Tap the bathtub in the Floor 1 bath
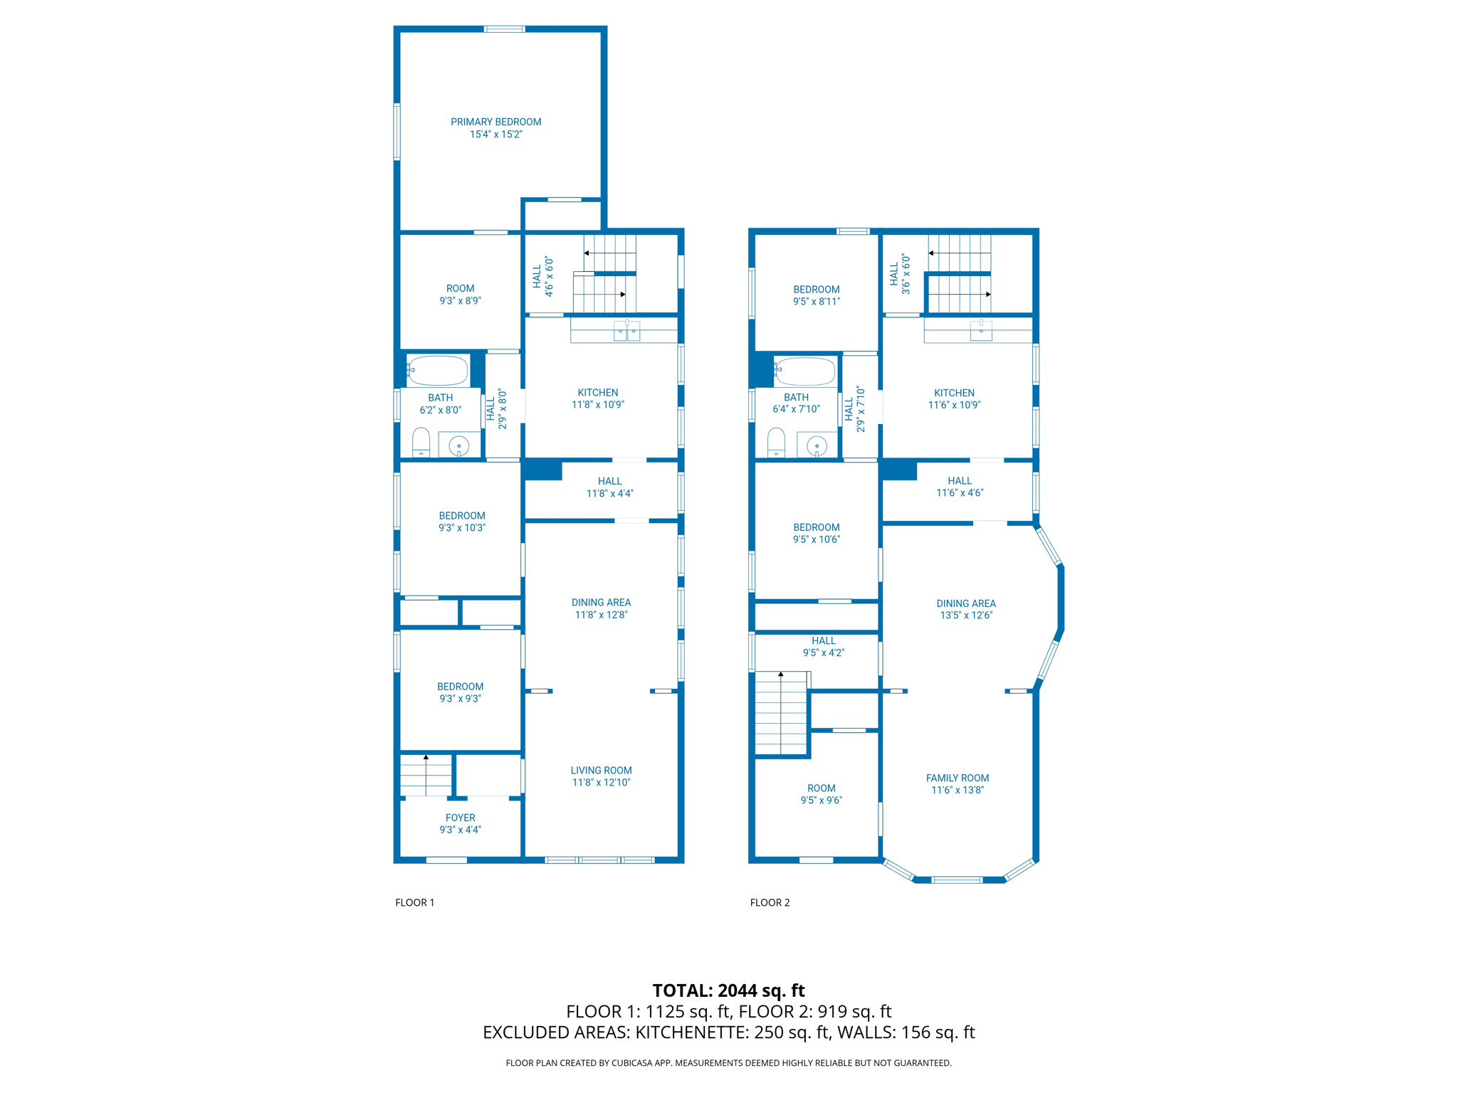coord(438,371)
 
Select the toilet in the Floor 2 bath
coord(776,443)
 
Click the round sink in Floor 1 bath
coord(459,446)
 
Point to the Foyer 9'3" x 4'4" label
coord(460,823)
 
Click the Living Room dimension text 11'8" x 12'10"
coord(601,782)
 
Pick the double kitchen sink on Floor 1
coord(626,331)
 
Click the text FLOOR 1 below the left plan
coord(414,902)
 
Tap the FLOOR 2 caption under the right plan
coord(770,902)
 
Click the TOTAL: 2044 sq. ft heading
coord(728,990)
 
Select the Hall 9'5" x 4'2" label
coord(823,646)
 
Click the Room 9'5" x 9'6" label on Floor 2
coord(821,793)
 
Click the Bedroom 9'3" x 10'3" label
coord(461,522)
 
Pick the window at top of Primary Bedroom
coord(504,29)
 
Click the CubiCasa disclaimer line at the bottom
coord(728,1062)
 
